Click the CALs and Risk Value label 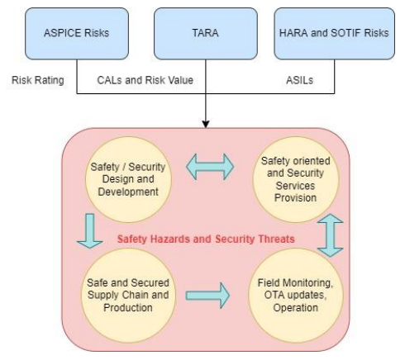point(145,81)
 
